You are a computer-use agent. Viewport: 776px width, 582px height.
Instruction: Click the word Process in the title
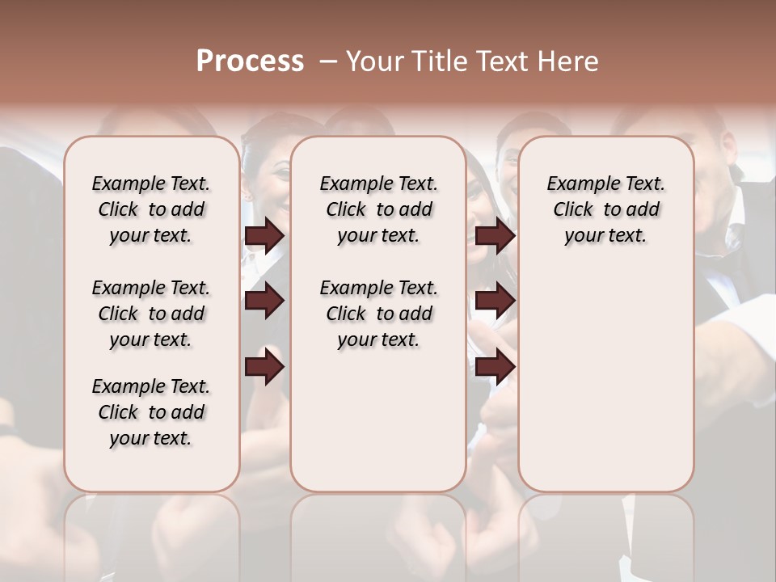(250, 61)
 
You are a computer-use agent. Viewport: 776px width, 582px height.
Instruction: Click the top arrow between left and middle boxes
(264, 236)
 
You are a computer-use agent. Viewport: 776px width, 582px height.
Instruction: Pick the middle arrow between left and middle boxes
(264, 302)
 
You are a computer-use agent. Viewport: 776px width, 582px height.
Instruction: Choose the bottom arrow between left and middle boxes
(264, 367)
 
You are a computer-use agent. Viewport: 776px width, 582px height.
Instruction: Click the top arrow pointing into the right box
(495, 236)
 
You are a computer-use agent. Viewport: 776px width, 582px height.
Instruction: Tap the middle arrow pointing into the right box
(495, 302)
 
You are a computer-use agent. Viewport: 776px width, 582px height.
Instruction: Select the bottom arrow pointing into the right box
(495, 367)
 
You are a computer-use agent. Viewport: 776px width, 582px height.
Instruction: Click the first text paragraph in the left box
(151, 209)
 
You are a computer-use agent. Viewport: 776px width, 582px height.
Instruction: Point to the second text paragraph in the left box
(151, 314)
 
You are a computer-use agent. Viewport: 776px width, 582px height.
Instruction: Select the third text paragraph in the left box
(151, 412)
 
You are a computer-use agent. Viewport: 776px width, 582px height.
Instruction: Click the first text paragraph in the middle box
(378, 209)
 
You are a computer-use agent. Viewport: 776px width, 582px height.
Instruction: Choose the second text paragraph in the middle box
(378, 314)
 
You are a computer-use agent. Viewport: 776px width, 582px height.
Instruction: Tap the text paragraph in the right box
(605, 209)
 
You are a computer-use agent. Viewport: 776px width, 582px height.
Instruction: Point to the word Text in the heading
(502, 61)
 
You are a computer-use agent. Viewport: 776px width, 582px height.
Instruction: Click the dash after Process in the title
(328, 61)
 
